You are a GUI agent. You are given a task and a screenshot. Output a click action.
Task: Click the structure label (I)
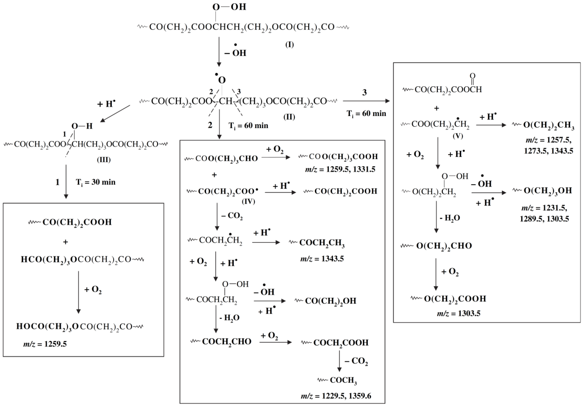coord(289,45)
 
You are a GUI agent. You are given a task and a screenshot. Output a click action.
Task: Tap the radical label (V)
coord(458,136)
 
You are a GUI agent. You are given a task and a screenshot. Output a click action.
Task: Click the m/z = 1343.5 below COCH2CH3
coord(322,259)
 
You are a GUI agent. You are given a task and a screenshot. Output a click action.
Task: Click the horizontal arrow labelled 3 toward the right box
coord(366,101)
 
